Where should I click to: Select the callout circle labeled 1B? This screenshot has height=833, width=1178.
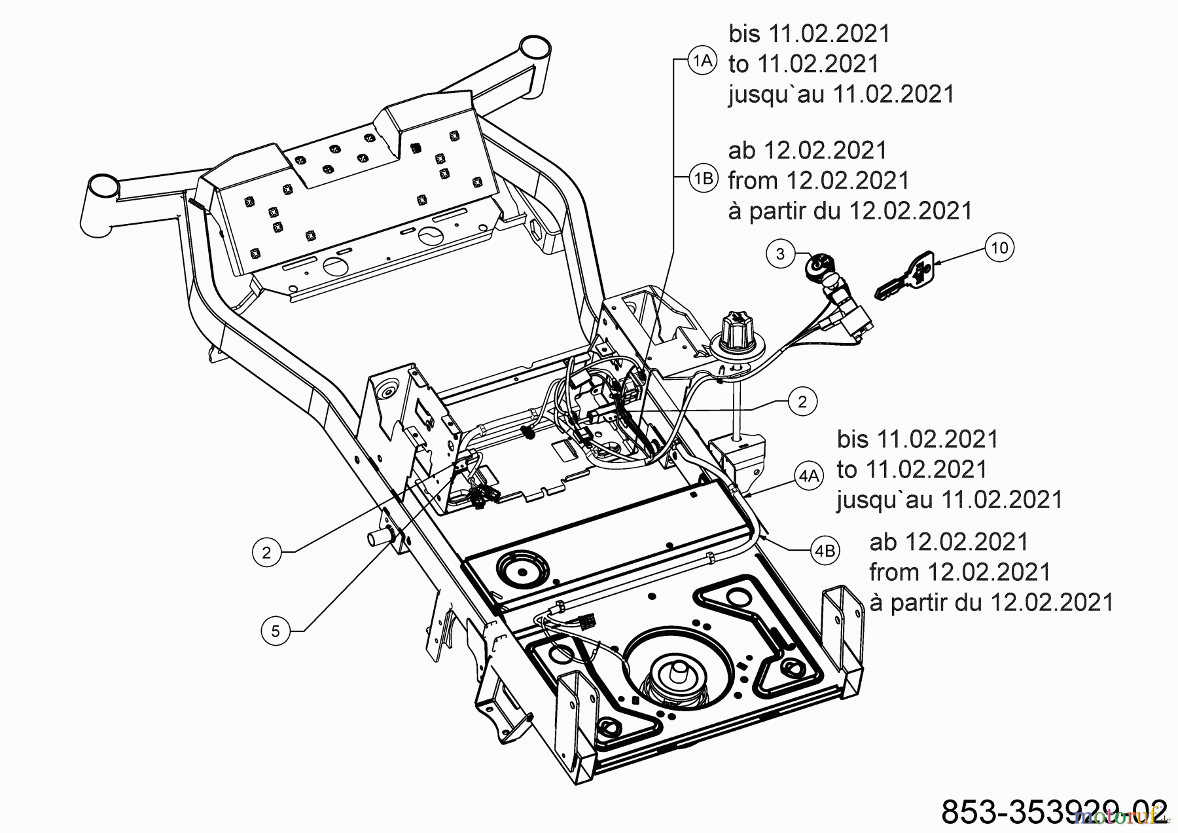pyautogui.click(x=704, y=178)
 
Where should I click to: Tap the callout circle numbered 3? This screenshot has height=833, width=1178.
pyautogui.click(x=779, y=253)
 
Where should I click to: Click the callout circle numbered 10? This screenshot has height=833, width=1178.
pyautogui.click(x=999, y=248)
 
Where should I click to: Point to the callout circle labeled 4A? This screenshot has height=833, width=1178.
pyautogui.click(x=809, y=475)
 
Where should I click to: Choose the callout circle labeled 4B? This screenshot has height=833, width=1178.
pyautogui.click(x=825, y=551)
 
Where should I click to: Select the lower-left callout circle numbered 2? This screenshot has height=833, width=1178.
pyautogui.click(x=266, y=552)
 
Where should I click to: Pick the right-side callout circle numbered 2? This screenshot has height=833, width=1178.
pyautogui.click(x=802, y=401)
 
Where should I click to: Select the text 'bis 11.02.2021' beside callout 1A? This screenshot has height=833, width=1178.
pyautogui.click(x=810, y=33)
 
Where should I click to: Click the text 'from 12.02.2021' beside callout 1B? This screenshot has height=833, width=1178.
pyautogui.click(x=818, y=179)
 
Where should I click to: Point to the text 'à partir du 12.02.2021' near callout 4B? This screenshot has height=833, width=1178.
pyautogui.click(x=991, y=602)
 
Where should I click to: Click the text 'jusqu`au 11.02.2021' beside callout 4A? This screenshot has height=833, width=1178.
pyautogui.click(x=949, y=499)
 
